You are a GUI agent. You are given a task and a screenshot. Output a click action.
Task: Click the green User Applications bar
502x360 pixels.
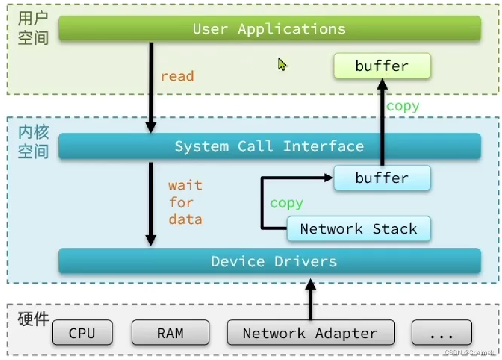pyautogui.click(x=269, y=29)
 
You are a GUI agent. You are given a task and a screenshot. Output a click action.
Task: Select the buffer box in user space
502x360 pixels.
pyautogui.click(x=382, y=66)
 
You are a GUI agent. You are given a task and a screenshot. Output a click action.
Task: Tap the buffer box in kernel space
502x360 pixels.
pyautogui.click(x=382, y=178)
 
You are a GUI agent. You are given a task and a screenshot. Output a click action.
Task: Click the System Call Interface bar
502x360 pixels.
pyautogui.click(x=269, y=146)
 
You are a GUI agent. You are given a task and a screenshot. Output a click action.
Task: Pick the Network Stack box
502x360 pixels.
pyautogui.click(x=359, y=229)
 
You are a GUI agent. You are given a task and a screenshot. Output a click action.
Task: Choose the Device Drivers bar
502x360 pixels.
pyautogui.click(x=269, y=261)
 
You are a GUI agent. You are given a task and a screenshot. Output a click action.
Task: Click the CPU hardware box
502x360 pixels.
pyautogui.click(x=82, y=333)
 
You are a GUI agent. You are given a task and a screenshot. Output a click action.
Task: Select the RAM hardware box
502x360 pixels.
pyautogui.click(x=170, y=333)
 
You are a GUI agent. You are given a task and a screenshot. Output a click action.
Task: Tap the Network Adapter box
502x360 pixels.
pyautogui.click(x=310, y=333)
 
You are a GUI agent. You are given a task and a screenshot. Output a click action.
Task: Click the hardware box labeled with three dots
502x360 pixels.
pyautogui.click(x=441, y=333)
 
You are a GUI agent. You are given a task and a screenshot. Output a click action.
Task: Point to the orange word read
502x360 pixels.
pyautogui.click(x=177, y=76)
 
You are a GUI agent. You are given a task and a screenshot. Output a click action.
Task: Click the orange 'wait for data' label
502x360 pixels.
pyautogui.click(x=185, y=202)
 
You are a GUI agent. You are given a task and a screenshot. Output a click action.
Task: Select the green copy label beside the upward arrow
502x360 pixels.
pyautogui.click(x=403, y=106)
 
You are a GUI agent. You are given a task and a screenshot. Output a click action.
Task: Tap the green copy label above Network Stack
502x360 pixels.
pyautogui.click(x=286, y=203)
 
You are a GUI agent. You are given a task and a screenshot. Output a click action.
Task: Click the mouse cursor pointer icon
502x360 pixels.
pyautogui.click(x=283, y=64)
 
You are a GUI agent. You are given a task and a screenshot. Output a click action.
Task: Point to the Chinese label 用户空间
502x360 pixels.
pyautogui.click(x=33, y=29)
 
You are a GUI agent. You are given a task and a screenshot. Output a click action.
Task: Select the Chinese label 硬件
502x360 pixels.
pyautogui.click(x=33, y=320)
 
